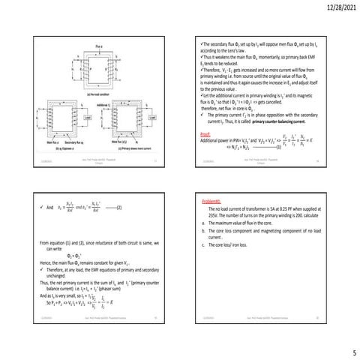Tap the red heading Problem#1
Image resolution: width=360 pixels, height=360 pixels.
[x=214, y=202]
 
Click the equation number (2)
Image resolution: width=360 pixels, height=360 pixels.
[x=120, y=206]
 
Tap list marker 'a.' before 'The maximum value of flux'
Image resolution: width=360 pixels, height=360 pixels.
[x=205, y=223]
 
